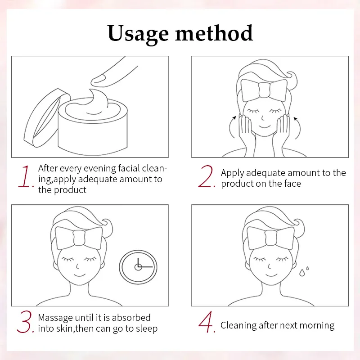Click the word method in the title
point(214,33)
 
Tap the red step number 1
point(25,176)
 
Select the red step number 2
point(206,176)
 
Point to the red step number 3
point(25,322)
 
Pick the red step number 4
point(206,322)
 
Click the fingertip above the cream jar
point(98,81)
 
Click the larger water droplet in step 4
point(301,273)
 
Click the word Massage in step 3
point(55,318)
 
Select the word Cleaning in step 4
point(238,325)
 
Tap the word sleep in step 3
point(147,329)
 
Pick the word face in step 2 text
point(292,184)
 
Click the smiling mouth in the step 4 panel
point(272,274)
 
